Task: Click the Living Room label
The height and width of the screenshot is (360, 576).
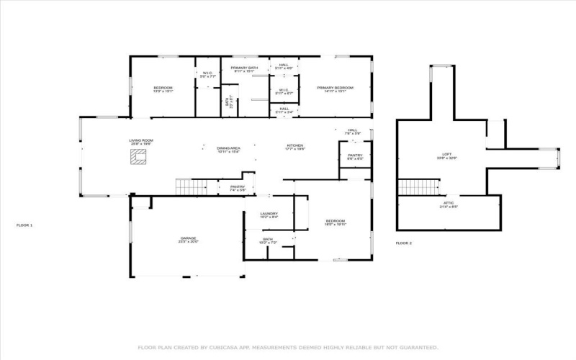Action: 141,141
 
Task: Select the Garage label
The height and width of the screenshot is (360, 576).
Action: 189,238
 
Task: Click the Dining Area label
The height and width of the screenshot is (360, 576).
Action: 228,148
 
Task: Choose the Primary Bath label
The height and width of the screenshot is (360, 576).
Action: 245,68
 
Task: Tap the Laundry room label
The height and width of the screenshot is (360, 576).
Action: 269,214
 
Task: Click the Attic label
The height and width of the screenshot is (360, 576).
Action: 447,204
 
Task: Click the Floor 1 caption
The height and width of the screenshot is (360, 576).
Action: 24,225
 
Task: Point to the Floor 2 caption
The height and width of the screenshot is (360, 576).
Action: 403,243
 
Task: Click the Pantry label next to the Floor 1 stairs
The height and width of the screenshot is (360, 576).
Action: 238,187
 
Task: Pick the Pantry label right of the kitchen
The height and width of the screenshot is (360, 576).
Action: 355,156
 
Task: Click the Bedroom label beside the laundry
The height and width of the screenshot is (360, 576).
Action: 336,221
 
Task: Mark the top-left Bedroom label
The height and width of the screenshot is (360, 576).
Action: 163,88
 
